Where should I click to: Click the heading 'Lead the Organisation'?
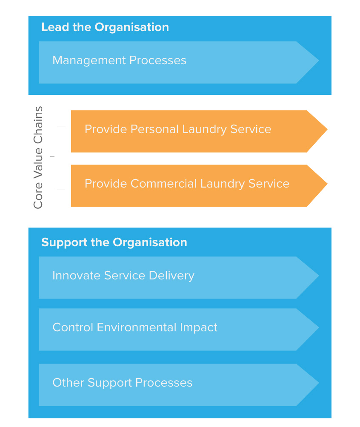coord(105,27)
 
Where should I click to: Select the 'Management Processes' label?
coord(119,60)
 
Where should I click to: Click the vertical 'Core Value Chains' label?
coord(38,157)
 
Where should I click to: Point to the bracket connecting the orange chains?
coord(57,157)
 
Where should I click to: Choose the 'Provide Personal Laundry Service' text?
coord(178,129)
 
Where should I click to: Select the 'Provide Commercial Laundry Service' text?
coord(187,184)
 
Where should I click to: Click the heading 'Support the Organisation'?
coord(114,242)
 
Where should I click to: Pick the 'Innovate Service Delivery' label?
coord(123,276)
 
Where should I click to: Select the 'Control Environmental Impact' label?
coord(134,327)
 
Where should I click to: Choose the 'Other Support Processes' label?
coord(122,383)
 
